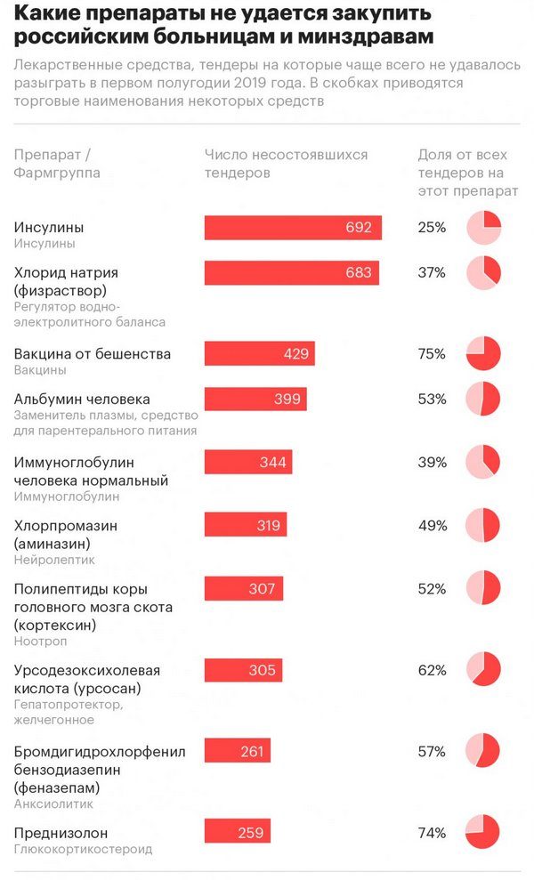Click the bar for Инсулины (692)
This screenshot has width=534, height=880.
pos(293,228)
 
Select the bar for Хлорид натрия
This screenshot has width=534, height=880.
pos(292,273)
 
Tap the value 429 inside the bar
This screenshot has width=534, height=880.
pos(295,354)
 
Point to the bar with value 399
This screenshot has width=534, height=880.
pos(255,399)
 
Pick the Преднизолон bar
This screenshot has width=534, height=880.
pos(237,832)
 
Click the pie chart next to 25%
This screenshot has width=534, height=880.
pos(483,229)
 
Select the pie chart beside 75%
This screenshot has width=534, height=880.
pos(483,354)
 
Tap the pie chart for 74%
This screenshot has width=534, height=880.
pos(483,832)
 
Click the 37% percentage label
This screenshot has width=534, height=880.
pos(432,272)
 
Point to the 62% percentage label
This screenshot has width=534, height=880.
pos(432,670)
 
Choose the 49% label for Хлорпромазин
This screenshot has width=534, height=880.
pos(432,525)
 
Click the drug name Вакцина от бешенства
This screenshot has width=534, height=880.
pos(93,354)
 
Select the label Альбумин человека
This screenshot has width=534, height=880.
pos(82,399)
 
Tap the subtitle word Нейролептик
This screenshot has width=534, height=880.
pos(54,560)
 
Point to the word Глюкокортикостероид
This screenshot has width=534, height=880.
pos(83,849)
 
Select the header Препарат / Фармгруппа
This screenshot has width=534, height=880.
pos(57,164)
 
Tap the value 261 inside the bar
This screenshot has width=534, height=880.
pos(252,751)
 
